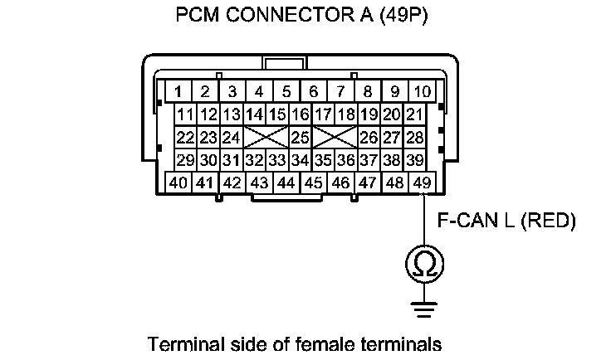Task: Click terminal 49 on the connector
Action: pyautogui.click(x=422, y=182)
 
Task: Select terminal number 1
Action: pyautogui.click(x=178, y=90)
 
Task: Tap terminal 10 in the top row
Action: pyautogui.click(x=422, y=90)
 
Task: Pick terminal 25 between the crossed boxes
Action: pyautogui.click(x=300, y=136)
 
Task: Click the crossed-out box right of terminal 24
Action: pyautogui.click(x=266, y=136)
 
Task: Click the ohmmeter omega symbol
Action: pyautogui.click(x=423, y=264)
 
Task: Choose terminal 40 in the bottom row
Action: pyautogui.click(x=178, y=182)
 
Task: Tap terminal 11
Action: pyautogui.click(x=185, y=114)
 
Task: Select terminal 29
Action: pyautogui.click(x=185, y=159)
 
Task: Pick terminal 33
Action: pyautogui.click(x=277, y=159)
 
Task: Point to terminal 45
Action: pyautogui.click(x=313, y=182)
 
